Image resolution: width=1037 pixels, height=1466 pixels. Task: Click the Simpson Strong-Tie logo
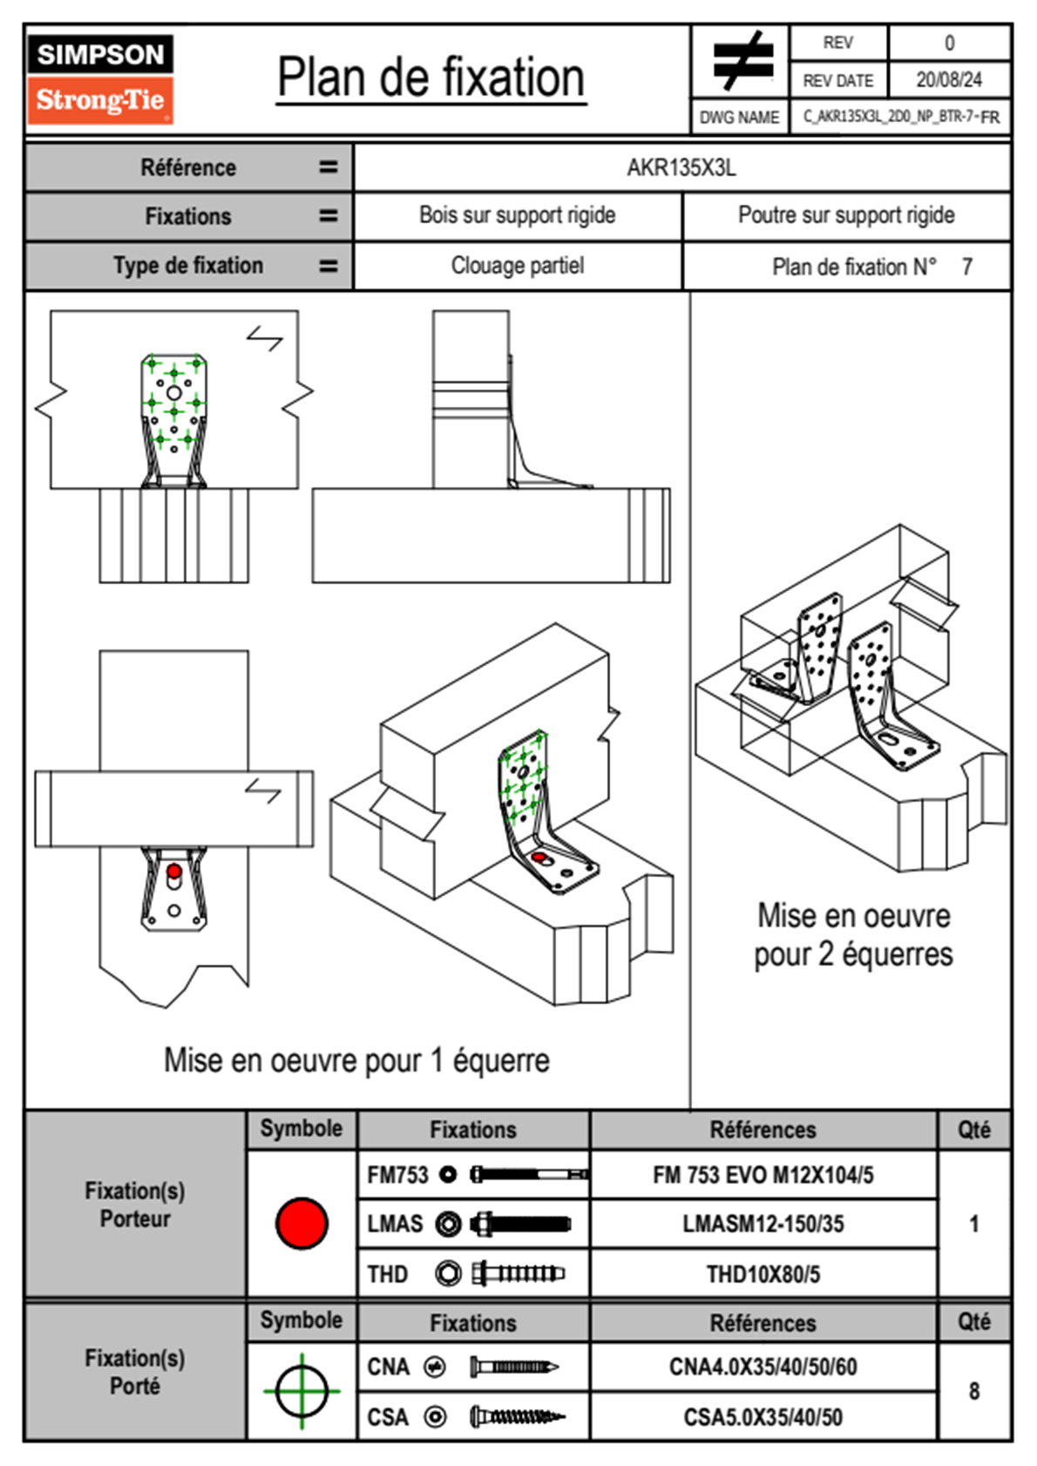100,79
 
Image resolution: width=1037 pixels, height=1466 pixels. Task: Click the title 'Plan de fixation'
430,78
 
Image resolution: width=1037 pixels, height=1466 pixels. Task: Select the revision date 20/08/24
948,80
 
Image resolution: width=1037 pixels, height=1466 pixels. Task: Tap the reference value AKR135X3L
681,167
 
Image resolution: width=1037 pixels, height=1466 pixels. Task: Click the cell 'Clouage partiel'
518,266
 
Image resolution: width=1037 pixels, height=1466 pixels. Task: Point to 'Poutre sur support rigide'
846,215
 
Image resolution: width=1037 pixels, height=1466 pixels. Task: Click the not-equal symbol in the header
742,61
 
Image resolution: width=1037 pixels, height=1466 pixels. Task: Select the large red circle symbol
302,1223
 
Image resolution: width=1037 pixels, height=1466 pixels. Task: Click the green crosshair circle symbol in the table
302,1391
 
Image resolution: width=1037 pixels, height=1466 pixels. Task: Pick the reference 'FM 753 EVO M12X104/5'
762,1175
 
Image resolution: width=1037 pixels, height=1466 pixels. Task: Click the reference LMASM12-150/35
762,1224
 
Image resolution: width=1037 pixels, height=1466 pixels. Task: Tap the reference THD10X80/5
762,1274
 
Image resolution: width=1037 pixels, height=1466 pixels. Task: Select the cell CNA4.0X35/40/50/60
762,1367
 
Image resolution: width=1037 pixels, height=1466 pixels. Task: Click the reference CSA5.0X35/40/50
762,1417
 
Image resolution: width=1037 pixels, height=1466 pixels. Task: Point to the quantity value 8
973,1391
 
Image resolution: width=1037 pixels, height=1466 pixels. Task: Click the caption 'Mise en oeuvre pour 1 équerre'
356,1061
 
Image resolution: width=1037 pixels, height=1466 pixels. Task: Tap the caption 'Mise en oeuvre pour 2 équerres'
853,935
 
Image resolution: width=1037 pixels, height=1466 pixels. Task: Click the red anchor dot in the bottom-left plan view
174,871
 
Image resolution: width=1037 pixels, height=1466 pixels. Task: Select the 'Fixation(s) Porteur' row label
135,1205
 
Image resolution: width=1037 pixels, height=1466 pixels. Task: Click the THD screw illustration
518,1273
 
